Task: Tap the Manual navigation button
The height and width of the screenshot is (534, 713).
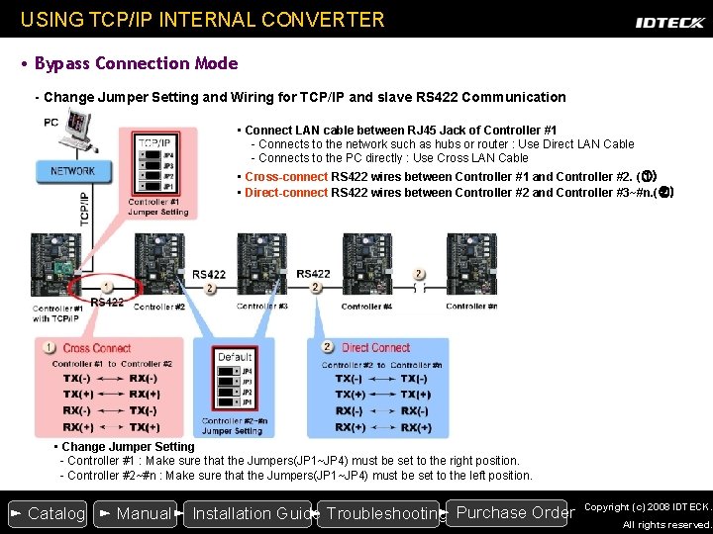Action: pos(135,513)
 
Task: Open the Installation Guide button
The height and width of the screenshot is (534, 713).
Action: pos(247,513)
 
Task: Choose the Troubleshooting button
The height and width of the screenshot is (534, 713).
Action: pos(380,513)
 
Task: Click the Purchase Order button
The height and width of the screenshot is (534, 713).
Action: pos(512,512)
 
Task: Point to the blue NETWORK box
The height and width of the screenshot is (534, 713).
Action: pos(72,171)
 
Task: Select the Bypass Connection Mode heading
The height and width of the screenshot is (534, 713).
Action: pos(136,63)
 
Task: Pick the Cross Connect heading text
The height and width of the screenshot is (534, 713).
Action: pos(97,348)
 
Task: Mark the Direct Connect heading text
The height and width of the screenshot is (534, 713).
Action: pos(375,348)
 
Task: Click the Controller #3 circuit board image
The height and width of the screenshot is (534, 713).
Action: pos(262,264)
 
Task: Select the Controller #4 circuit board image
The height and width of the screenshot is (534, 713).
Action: pos(366,264)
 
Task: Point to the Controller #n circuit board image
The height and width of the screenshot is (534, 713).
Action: pos(471,264)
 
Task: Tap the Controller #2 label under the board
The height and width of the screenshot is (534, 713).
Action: pos(159,308)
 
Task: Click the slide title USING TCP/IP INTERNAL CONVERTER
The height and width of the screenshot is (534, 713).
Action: pos(202,19)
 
